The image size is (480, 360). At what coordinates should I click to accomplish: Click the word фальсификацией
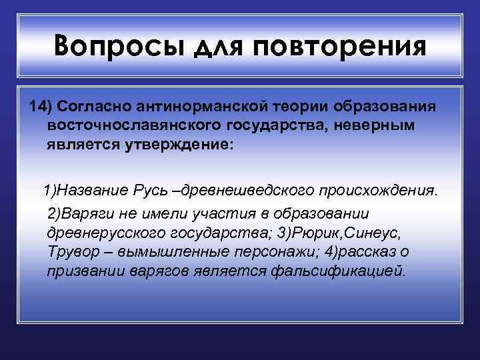(348, 271)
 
